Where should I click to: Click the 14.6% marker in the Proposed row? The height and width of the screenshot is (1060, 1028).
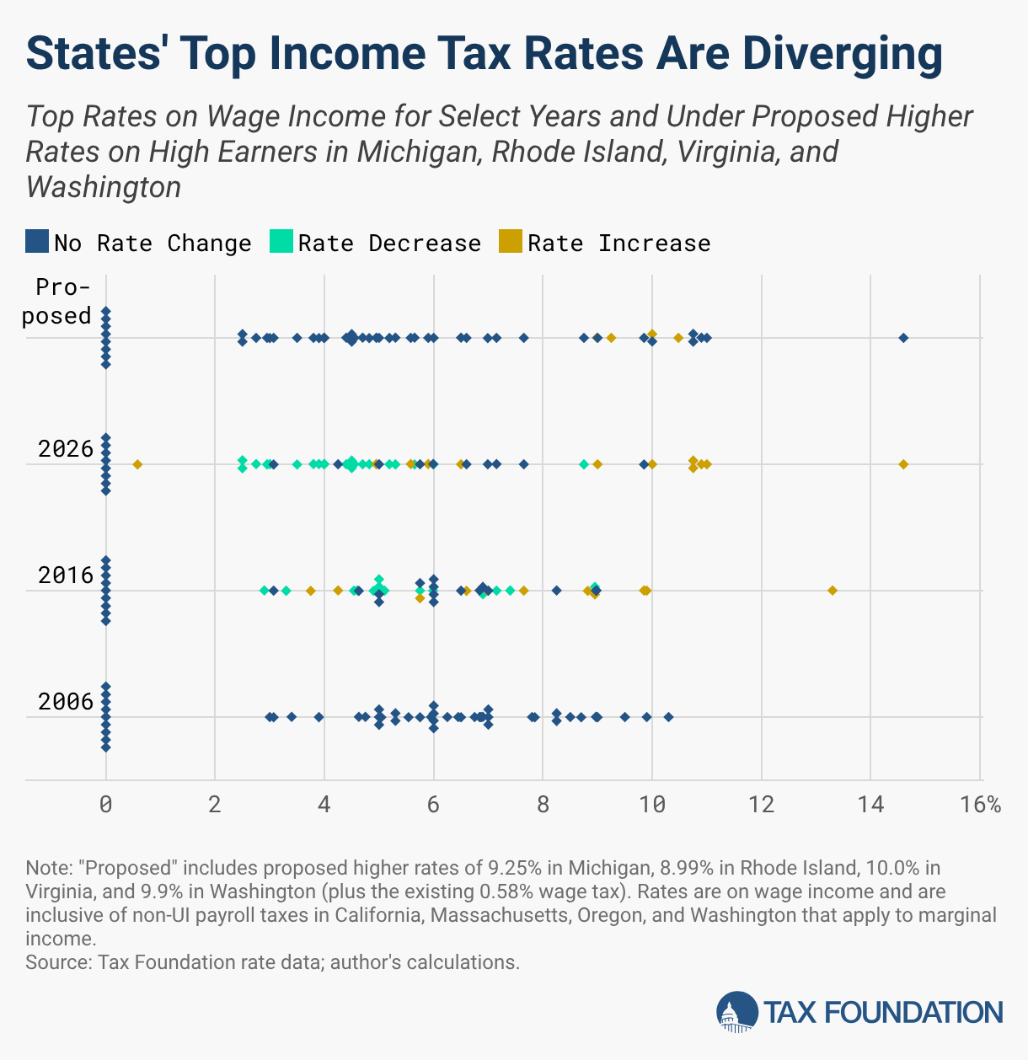(x=903, y=338)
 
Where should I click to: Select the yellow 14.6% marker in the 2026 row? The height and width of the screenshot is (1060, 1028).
(x=903, y=464)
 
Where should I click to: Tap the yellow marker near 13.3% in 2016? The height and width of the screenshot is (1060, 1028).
(x=833, y=591)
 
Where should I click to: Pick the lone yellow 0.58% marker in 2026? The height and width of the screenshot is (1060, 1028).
(x=137, y=464)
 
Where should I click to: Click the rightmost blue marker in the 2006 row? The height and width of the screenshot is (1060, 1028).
(x=668, y=717)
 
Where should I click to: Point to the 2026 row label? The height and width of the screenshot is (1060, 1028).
(x=66, y=449)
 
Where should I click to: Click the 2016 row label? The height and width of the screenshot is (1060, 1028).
(x=66, y=576)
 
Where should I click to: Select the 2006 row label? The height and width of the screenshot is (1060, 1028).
(x=66, y=702)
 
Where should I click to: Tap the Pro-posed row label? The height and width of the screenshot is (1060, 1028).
(x=63, y=302)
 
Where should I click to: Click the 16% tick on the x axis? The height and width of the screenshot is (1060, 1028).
(x=980, y=805)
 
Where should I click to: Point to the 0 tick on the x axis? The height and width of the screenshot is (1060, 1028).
(x=105, y=805)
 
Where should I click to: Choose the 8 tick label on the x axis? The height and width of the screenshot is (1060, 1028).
(x=543, y=805)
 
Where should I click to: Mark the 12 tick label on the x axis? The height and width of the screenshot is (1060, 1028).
(x=761, y=805)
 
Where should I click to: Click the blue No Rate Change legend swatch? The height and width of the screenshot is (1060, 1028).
(x=37, y=242)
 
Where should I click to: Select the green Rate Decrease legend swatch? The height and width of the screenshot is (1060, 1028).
(x=281, y=242)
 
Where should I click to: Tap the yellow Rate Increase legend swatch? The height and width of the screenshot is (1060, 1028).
(x=511, y=242)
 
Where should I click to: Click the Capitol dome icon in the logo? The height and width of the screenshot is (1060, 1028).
(x=736, y=1012)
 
